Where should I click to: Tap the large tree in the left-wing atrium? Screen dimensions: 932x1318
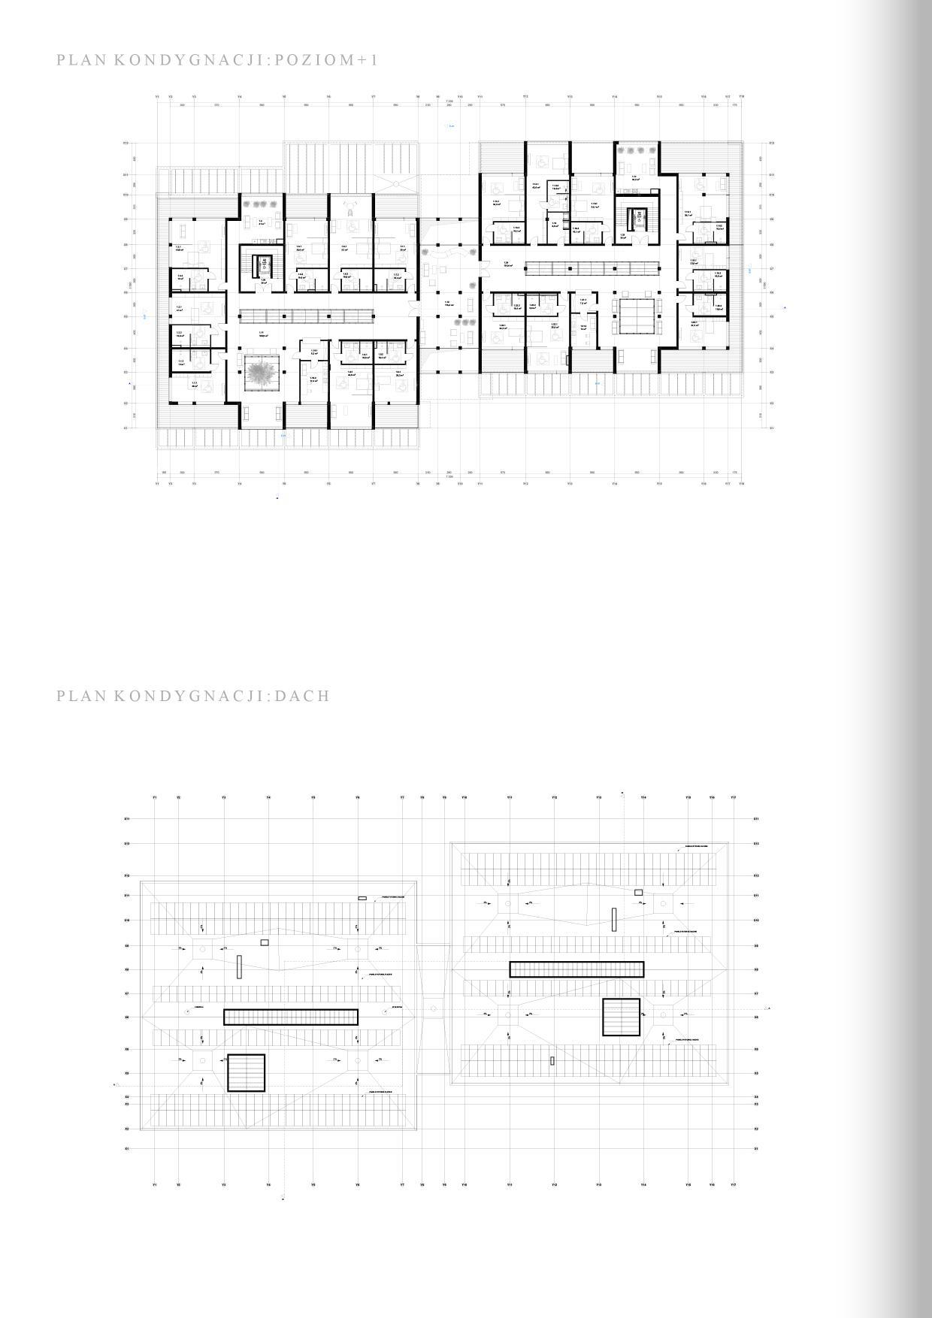click(262, 373)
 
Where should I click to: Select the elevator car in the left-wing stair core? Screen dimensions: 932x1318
click(265, 265)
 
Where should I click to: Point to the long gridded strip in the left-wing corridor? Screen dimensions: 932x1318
click(307, 316)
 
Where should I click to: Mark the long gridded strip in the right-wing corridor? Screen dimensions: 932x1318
click(592, 268)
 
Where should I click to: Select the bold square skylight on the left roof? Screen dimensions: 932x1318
click(247, 1073)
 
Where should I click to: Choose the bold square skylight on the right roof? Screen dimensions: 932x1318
click(621, 1017)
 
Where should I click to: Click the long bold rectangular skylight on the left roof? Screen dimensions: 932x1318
click(291, 1017)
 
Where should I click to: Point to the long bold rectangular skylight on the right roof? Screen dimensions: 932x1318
click(576, 969)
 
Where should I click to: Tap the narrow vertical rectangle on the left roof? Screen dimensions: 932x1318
click(239, 966)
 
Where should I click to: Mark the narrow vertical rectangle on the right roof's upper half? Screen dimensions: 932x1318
click(614, 919)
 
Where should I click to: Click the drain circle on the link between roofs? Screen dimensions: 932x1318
click(434, 1008)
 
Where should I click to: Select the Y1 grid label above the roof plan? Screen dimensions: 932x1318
click(155, 797)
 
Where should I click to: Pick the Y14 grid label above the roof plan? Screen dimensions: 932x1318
click(643, 797)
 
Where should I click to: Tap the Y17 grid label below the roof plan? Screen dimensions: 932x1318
click(733, 1185)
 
